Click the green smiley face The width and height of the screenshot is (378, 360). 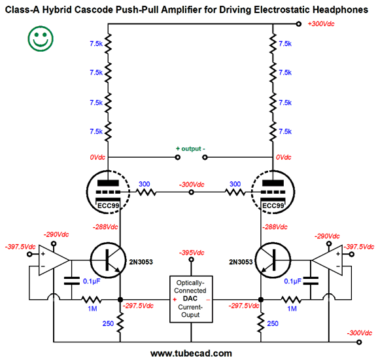pos(41,39)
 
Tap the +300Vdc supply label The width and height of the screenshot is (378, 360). pos(321,24)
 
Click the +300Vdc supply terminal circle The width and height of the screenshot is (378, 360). pos(299,24)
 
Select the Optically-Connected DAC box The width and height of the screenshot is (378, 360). pos(191,299)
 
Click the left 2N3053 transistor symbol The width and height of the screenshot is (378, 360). pos(108,261)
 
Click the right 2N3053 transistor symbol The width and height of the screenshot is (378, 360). pos(273,261)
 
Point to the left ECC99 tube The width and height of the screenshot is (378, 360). pos(108,192)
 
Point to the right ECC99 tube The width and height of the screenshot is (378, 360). pos(273,192)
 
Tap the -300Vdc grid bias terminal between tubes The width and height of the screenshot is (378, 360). pos(191,192)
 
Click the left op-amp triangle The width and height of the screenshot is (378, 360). pos(54,261)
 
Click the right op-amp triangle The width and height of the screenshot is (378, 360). pos(327,261)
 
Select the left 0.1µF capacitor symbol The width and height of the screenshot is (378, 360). pos(71,281)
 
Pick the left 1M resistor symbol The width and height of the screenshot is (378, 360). pos(92,300)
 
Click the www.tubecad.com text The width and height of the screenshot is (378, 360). pos(191,353)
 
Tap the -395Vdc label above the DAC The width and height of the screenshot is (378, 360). pos(192,253)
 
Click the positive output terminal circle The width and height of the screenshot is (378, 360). pos(178,157)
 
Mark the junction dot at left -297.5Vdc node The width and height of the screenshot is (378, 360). pos(120,300)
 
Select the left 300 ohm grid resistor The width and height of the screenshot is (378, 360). pos(146,192)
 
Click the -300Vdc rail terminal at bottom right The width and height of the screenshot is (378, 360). pos(359,342)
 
